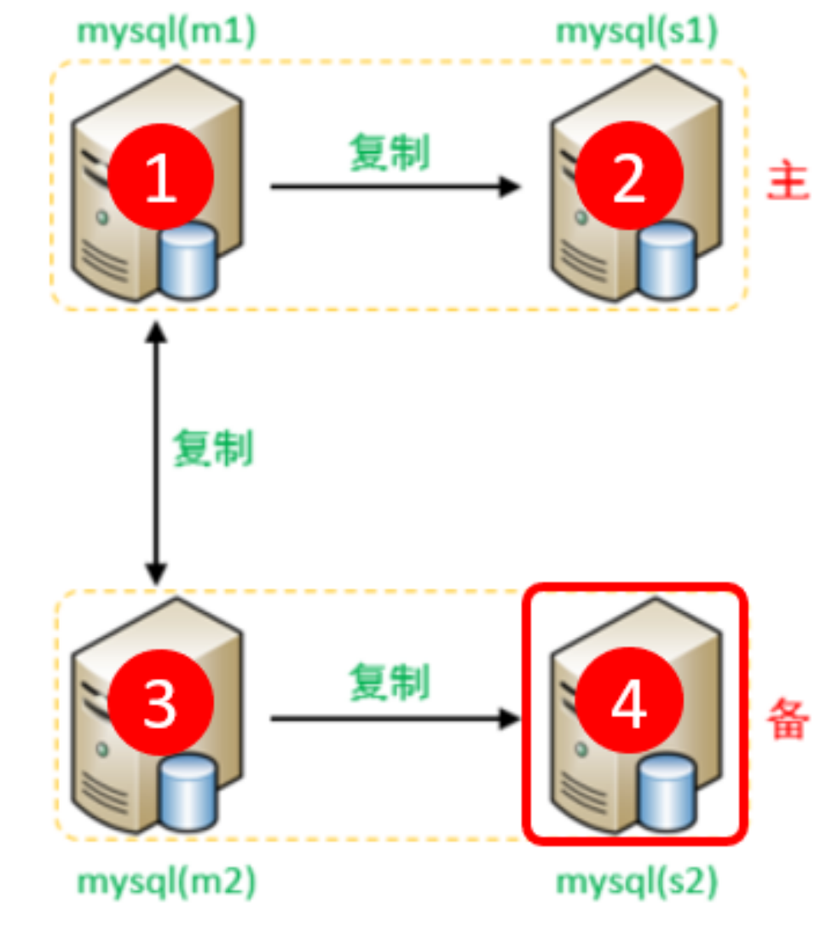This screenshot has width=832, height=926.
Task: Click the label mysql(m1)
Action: click(167, 31)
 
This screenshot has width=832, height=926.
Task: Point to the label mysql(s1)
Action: click(637, 31)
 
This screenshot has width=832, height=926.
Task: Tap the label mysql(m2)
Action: click(167, 883)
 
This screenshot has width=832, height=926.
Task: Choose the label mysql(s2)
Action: click(637, 883)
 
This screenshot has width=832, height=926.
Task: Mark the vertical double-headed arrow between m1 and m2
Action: click(155, 452)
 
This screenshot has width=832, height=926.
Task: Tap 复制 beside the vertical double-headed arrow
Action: click(213, 447)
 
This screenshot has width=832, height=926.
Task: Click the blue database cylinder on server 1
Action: click(188, 259)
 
